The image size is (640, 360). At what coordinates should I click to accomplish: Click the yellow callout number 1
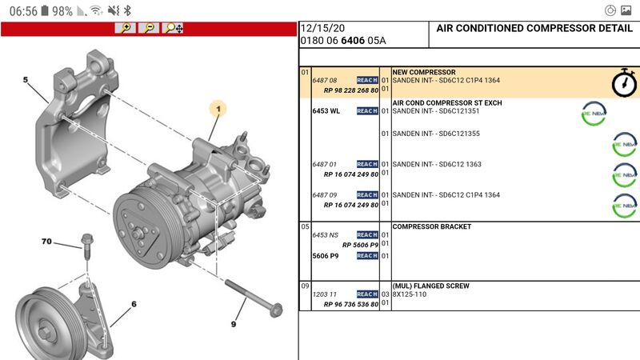[218, 109]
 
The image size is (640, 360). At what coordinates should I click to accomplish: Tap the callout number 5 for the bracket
[26, 79]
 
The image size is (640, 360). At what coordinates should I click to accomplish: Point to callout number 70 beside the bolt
[46, 242]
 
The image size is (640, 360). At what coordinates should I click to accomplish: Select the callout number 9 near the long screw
[234, 324]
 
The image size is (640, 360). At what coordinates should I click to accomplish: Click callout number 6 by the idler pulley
[134, 304]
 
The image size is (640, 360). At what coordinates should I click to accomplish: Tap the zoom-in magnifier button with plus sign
[126, 28]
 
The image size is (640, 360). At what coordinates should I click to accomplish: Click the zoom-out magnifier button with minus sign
[149, 28]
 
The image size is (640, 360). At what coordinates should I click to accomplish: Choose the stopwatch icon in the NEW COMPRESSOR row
[624, 83]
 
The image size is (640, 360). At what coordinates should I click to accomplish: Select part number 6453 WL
[326, 111]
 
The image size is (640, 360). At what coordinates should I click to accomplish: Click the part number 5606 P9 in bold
[326, 256]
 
